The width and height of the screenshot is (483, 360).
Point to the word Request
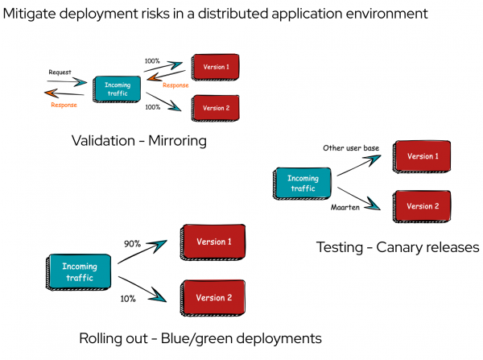click(x=60, y=72)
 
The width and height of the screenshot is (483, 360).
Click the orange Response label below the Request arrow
click(x=64, y=105)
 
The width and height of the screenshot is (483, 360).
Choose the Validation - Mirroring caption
click(x=138, y=141)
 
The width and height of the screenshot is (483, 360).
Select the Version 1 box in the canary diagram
click(x=422, y=155)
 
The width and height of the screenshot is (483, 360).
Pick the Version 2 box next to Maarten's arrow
click(x=422, y=206)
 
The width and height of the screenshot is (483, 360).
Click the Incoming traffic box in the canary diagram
click(x=303, y=183)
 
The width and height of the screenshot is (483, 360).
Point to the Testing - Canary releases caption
click(x=397, y=247)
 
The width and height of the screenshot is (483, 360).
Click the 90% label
click(x=133, y=243)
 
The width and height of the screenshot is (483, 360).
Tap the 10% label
click(x=129, y=298)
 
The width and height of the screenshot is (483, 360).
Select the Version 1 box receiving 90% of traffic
click(x=213, y=242)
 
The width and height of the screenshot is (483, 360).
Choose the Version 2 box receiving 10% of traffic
click(x=213, y=297)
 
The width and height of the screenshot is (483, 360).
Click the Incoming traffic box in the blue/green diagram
click(x=80, y=272)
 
